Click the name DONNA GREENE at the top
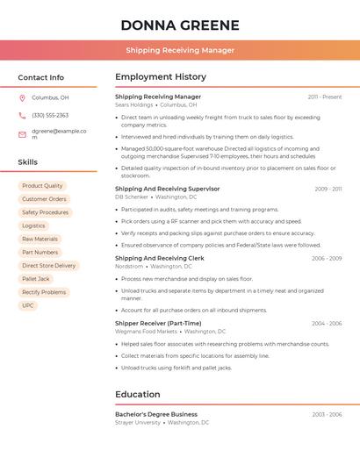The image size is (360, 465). click(x=179, y=24)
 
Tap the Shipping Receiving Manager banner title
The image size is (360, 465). click(x=179, y=50)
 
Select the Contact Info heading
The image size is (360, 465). click(x=40, y=77)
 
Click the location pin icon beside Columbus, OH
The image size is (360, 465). click(x=22, y=97)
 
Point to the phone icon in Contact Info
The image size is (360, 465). click(x=22, y=115)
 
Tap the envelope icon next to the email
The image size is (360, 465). click(x=22, y=134)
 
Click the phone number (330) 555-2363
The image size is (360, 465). click(x=50, y=115)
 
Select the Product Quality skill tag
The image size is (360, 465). click(x=42, y=186)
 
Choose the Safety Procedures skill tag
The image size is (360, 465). click(x=45, y=212)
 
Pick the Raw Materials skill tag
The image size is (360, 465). click(x=40, y=239)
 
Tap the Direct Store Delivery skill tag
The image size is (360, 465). click(x=48, y=265)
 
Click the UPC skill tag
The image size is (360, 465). click(x=28, y=305)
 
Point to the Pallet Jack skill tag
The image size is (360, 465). click(x=36, y=279)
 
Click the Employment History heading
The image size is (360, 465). click(x=161, y=77)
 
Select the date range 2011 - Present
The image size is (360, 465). click(x=324, y=97)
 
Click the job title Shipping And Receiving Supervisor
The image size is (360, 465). click(x=167, y=189)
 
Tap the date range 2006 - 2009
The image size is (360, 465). click(x=327, y=259)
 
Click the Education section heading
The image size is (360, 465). click(x=137, y=394)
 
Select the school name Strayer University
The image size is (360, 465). click(x=138, y=422)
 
